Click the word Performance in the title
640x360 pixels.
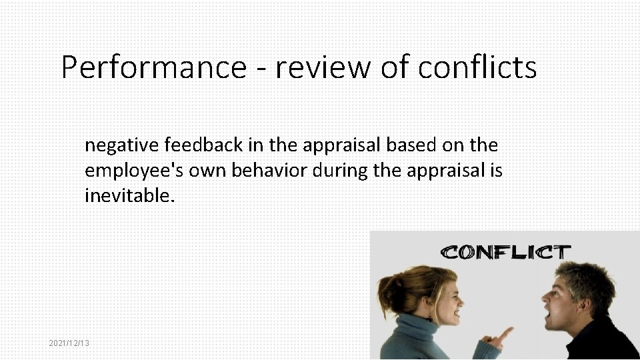pyautogui.click(x=153, y=68)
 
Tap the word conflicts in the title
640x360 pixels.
pyautogui.click(x=477, y=68)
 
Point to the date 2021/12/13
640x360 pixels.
pyautogui.click(x=69, y=343)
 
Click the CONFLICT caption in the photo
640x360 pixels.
pyautogui.click(x=506, y=252)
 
